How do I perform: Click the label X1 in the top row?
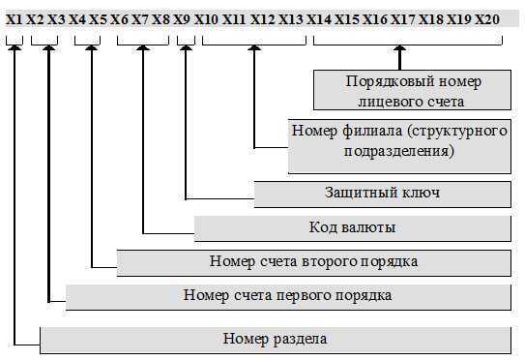tap(14, 19)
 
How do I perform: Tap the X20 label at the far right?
tap(487, 19)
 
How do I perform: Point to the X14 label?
tap(319, 19)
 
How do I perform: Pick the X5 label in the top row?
tap(98, 19)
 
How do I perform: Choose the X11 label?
tap(234, 19)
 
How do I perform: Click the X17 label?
tap(403, 19)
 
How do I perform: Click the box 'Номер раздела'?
tap(275, 340)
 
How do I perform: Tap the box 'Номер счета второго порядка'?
tap(313, 261)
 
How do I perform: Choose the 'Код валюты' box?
tap(352, 228)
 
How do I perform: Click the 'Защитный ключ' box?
tap(381, 194)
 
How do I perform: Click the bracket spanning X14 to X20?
tap(407, 42)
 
